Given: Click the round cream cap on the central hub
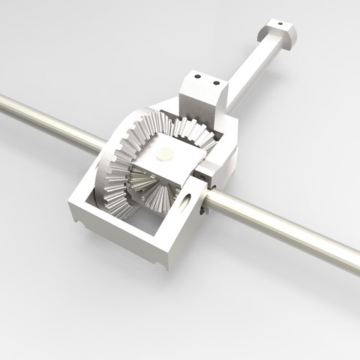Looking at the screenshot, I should pyautogui.click(x=164, y=153).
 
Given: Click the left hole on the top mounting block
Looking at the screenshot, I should pyautogui.click(x=196, y=75).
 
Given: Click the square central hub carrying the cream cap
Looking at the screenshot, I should pyautogui.click(x=166, y=161).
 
